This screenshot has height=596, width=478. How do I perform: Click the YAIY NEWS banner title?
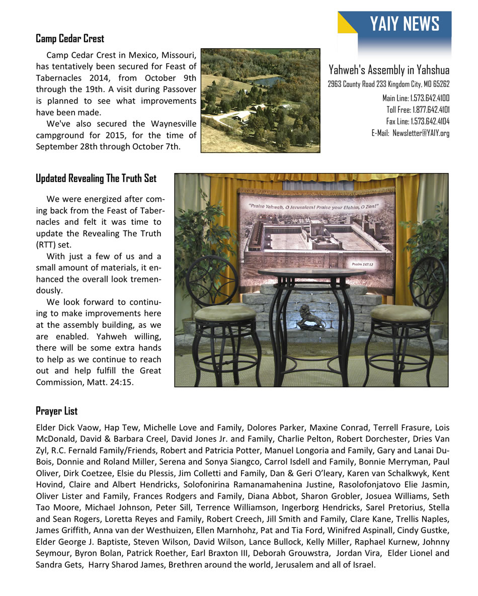pyautogui.click(x=404, y=24)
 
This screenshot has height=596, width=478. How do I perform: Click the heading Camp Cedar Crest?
pyautogui.click(x=70, y=39)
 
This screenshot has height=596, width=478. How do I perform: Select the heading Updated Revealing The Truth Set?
pyautogui.click(x=96, y=179)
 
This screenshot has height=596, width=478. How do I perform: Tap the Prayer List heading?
pyautogui.click(x=56, y=411)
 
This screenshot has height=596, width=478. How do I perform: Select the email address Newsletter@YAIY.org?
pyautogui.click(x=421, y=133)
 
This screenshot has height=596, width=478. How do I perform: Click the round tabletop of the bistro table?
pyautogui.click(x=311, y=273)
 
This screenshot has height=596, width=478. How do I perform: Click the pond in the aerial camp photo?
pyautogui.click(x=267, y=80)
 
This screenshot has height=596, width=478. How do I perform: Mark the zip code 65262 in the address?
pyautogui.click(x=440, y=84)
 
